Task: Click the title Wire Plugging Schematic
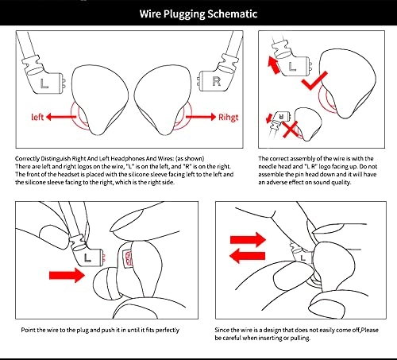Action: point(198,14)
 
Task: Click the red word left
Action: point(37,117)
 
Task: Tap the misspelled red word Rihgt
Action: point(228,117)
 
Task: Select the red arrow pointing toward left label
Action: point(61,117)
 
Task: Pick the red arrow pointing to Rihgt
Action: point(201,117)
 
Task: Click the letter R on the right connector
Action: point(216,81)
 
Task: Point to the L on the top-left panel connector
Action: point(44,83)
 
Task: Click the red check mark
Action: point(314,80)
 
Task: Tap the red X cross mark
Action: point(290,129)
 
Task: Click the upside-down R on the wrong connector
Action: point(281,116)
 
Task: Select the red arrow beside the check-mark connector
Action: point(274,65)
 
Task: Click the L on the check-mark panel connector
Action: point(292,67)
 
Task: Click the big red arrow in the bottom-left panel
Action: point(67,275)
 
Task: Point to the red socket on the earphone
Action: point(128,258)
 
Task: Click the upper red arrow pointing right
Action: point(248,239)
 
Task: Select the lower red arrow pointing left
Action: point(247,256)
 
